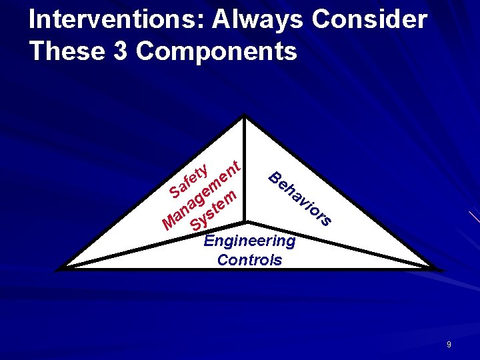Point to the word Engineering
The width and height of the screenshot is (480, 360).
(x=249, y=241)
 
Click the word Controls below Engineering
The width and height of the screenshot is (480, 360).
(x=249, y=259)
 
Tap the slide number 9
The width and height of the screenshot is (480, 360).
(x=449, y=345)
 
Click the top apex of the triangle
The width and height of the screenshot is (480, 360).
(x=246, y=117)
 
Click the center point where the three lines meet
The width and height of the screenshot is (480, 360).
(x=246, y=221)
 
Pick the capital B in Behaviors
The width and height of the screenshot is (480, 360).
(x=274, y=177)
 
